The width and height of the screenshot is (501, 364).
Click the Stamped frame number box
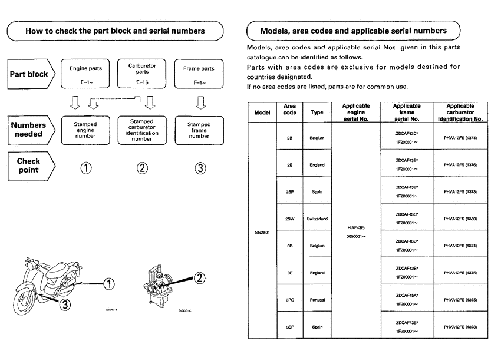(199, 131)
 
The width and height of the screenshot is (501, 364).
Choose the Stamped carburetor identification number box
(142, 131)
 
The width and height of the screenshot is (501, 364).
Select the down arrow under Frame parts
(199, 104)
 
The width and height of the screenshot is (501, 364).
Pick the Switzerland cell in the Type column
(317, 219)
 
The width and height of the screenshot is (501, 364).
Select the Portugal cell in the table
(317, 300)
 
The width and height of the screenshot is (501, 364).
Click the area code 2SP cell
(289, 191)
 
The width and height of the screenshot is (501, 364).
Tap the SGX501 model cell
(262, 232)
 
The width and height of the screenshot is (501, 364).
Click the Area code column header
(289, 112)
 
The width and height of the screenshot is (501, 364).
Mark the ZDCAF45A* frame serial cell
(407, 295)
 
